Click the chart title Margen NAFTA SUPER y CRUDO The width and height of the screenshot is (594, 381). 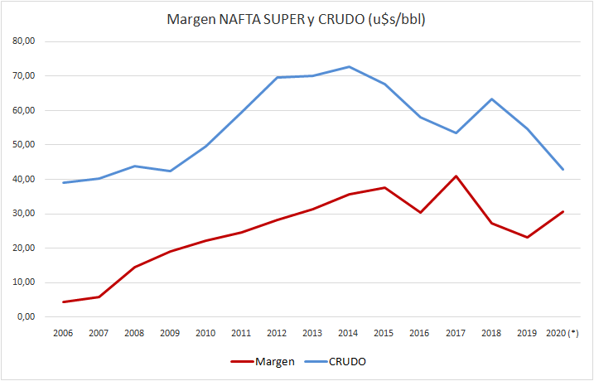pyautogui.click(x=297, y=20)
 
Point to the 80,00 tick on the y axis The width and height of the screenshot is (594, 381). pyautogui.click(x=31, y=41)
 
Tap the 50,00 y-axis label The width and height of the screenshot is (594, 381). pyautogui.click(x=31, y=145)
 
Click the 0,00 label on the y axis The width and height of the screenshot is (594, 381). pyautogui.click(x=33, y=317)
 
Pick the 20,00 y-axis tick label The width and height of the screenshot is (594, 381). pyautogui.click(x=31, y=248)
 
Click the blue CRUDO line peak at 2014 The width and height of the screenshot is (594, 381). pyautogui.click(x=349, y=66)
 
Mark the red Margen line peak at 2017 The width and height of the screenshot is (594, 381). pyautogui.click(x=456, y=176)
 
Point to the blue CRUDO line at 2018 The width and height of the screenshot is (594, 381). pyautogui.click(x=491, y=99)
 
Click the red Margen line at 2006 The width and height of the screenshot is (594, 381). pyautogui.click(x=64, y=301)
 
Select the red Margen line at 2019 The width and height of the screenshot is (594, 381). pyautogui.click(x=527, y=237)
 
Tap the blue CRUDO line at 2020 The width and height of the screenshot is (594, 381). pyautogui.click(x=563, y=169)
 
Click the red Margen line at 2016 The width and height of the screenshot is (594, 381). pyautogui.click(x=420, y=212)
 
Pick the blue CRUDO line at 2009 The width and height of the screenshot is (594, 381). pyautogui.click(x=171, y=171)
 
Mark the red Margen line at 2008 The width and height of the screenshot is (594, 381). pyautogui.click(x=135, y=267)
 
